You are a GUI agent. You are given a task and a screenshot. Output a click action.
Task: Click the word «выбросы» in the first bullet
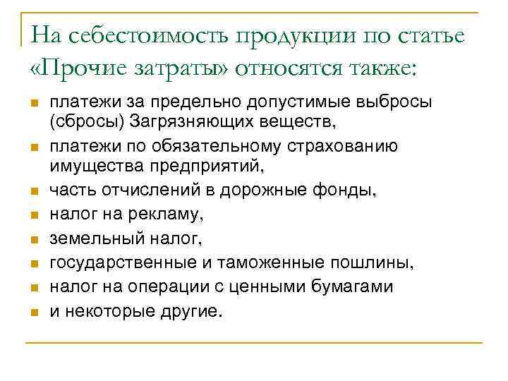click(394, 103)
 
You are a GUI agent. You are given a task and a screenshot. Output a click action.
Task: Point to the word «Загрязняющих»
click(186, 122)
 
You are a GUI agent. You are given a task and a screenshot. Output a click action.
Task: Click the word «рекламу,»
click(172, 214)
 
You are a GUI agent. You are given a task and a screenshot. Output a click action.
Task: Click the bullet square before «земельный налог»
click(33, 239)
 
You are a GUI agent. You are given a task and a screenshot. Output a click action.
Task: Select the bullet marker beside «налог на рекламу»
click(33, 215)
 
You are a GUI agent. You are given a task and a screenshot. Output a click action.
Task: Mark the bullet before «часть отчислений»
click(33, 190)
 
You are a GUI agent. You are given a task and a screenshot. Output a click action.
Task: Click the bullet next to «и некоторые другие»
click(33, 311)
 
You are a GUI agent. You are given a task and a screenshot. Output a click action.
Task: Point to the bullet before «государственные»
click(33, 263)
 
